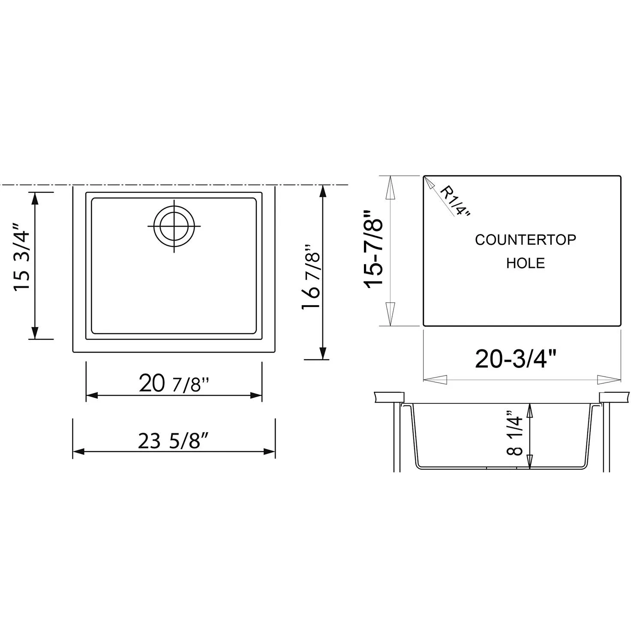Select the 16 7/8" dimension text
[x=311, y=277]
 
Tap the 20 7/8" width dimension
[x=174, y=383]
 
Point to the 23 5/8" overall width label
[x=174, y=440]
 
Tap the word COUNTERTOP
[x=525, y=240]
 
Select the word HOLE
[x=525, y=263]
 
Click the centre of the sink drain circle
[x=174, y=226]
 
